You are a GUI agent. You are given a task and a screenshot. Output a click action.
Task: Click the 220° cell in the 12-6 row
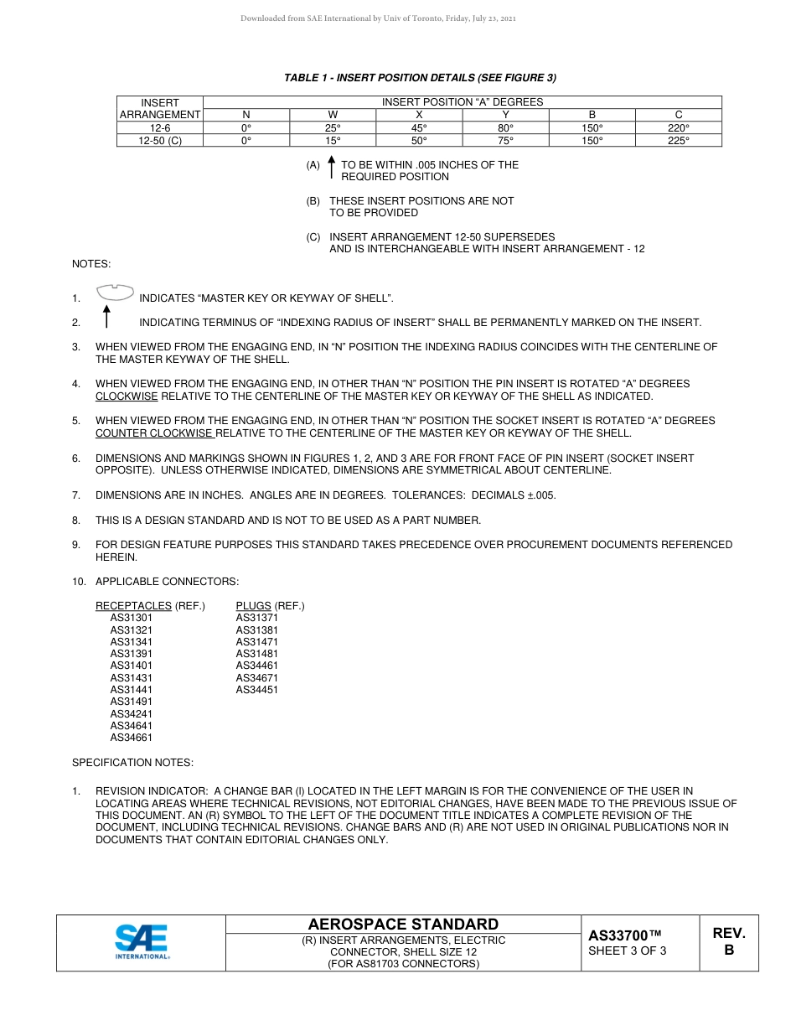coord(678,128)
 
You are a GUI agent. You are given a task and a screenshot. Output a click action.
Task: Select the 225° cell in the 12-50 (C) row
coord(678,141)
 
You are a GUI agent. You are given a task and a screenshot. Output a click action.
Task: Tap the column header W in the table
coord(333,115)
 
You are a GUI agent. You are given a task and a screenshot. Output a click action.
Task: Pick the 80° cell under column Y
coord(505,128)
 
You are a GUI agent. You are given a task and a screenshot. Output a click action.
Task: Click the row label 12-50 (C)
coord(160,141)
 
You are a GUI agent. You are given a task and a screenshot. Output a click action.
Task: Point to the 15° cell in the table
coord(333,141)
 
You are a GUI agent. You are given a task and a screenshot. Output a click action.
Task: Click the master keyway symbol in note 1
coord(115,293)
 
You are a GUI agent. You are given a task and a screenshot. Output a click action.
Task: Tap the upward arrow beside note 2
coord(106,318)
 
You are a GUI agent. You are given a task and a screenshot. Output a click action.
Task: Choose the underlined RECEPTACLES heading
coord(133,606)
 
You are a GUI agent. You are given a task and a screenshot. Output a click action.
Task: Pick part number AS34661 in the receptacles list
coord(132,738)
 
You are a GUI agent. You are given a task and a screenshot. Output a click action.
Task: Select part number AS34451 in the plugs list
coord(257,690)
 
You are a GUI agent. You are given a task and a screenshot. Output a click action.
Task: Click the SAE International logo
coord(142,941)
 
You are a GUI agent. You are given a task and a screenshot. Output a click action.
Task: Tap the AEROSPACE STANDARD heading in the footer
coord(403,925)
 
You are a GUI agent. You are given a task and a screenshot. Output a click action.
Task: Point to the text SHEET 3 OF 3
coord(628,951)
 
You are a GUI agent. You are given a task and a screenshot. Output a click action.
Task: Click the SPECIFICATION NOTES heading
coord(132,763)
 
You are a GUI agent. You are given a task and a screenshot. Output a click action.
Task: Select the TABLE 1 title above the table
coord(420,78)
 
